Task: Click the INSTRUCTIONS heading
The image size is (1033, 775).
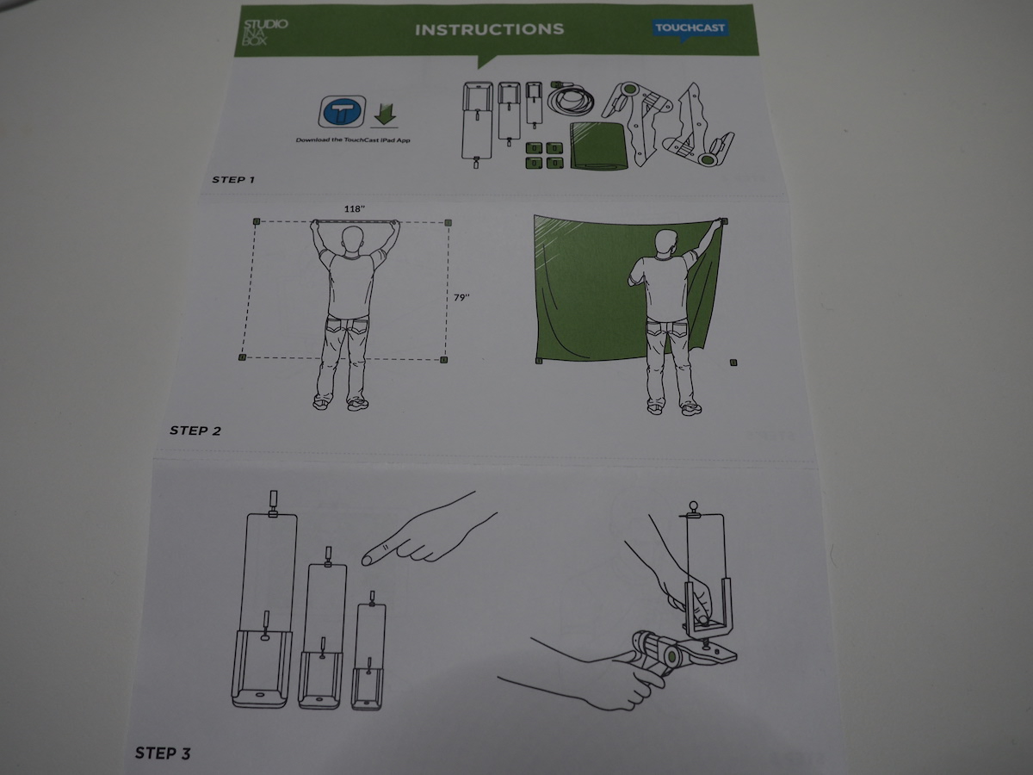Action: point(489,29)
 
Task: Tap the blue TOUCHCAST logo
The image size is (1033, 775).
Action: point(690,28)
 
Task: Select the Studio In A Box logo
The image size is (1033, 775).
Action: point(265,33)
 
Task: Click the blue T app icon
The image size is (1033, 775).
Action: point(342,112)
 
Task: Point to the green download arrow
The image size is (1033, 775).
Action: point(385,115)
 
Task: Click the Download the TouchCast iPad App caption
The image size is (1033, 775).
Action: point(353,140)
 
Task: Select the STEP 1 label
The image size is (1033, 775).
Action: point(233,180)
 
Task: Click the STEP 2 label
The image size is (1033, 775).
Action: point(195,431)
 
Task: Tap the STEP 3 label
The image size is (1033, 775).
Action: point(163,753)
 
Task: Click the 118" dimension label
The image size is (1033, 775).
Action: point(355,209)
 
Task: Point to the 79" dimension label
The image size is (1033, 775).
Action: point(461,297)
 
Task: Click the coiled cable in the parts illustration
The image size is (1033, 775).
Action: point(571,98)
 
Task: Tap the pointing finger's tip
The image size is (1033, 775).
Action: point(365,561)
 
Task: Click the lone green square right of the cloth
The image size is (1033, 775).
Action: point(733,363)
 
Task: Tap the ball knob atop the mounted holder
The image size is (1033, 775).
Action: point(693,506)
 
